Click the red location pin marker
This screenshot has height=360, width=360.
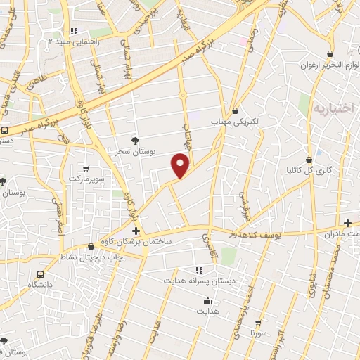181,166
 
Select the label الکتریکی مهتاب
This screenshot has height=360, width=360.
236,122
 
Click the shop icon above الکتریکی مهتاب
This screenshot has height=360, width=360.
235,110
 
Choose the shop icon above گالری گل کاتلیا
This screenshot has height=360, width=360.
309,160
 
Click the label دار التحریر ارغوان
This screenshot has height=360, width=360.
328,65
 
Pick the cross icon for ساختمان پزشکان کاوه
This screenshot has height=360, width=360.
136,231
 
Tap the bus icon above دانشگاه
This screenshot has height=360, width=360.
40,274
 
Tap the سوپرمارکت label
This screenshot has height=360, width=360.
86,179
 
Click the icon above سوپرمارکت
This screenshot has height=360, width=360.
86,169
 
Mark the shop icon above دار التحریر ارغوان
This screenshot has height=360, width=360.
329,54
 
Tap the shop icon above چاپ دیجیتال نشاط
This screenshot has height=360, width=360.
91,246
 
